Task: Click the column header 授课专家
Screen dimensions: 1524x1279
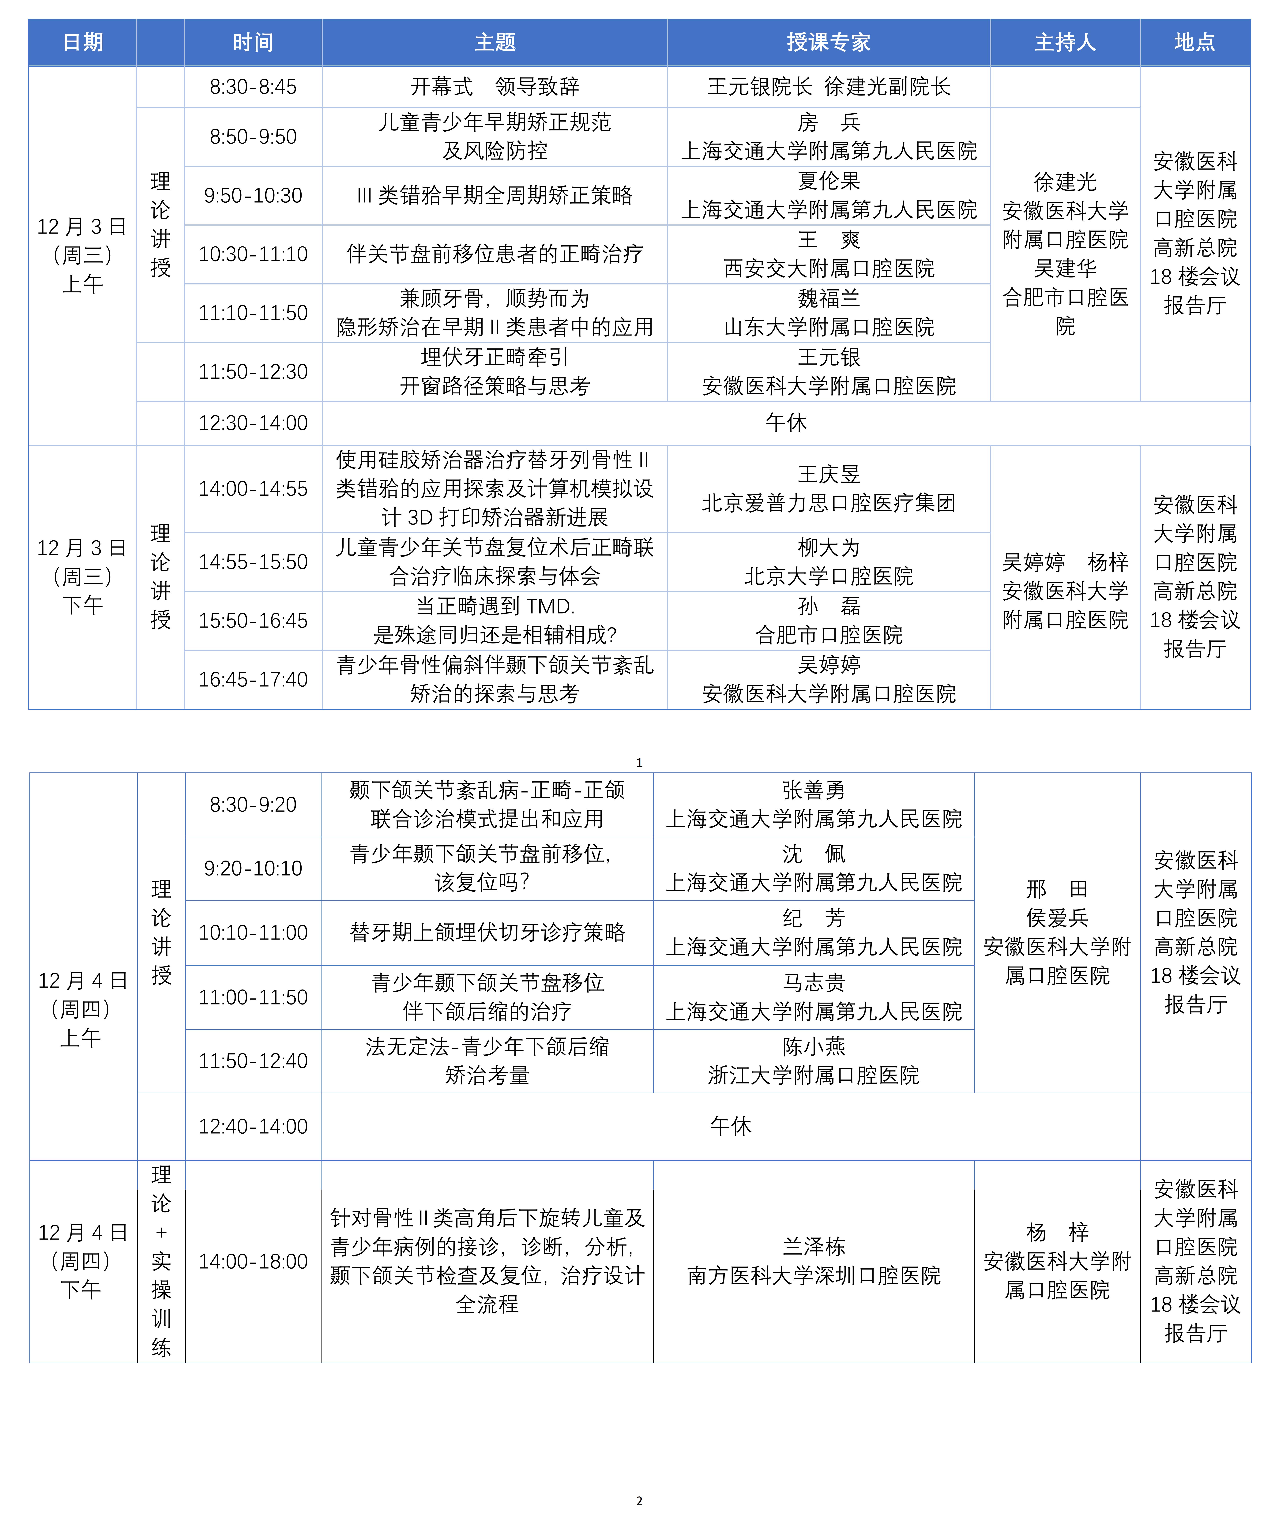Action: pos(828,42)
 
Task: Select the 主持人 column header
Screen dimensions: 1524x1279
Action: pos(1065,42)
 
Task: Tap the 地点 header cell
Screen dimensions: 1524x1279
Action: pos(1195,42)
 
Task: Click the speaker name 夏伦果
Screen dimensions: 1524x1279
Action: pos(828,181)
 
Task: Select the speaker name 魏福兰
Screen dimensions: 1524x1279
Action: pos(828,298)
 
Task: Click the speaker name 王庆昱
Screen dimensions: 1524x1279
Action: pos(828,475)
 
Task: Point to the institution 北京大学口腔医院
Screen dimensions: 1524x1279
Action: pos(828,576)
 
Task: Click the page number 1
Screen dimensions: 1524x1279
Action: pos(639,762)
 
